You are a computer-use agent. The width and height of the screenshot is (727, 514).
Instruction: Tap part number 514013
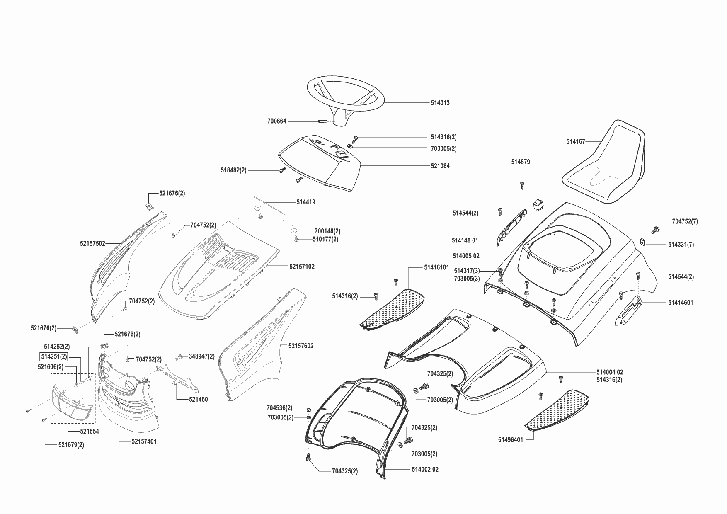440,103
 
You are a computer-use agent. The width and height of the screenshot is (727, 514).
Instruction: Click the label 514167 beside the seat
575,142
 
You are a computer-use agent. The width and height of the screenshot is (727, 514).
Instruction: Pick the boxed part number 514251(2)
53,356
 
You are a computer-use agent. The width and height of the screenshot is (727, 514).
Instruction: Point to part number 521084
440,166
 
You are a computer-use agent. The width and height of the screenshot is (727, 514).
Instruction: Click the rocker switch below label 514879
538,204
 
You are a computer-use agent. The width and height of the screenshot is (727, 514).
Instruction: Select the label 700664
276,121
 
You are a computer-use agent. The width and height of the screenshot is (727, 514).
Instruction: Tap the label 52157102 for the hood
302,267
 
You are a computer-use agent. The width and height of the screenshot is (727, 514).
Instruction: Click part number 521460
198,400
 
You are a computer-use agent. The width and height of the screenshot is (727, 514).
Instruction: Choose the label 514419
305,202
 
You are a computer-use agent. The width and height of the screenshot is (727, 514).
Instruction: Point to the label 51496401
511,439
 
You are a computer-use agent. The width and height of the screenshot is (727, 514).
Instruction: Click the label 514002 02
425,469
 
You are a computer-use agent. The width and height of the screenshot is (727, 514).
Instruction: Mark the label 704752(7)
685,222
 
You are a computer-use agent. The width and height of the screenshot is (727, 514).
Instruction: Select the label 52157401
144,441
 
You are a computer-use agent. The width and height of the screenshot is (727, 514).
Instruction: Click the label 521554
90,431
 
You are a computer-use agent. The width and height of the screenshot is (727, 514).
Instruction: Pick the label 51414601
680,303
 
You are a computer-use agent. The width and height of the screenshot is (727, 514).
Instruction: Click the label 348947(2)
201,356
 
